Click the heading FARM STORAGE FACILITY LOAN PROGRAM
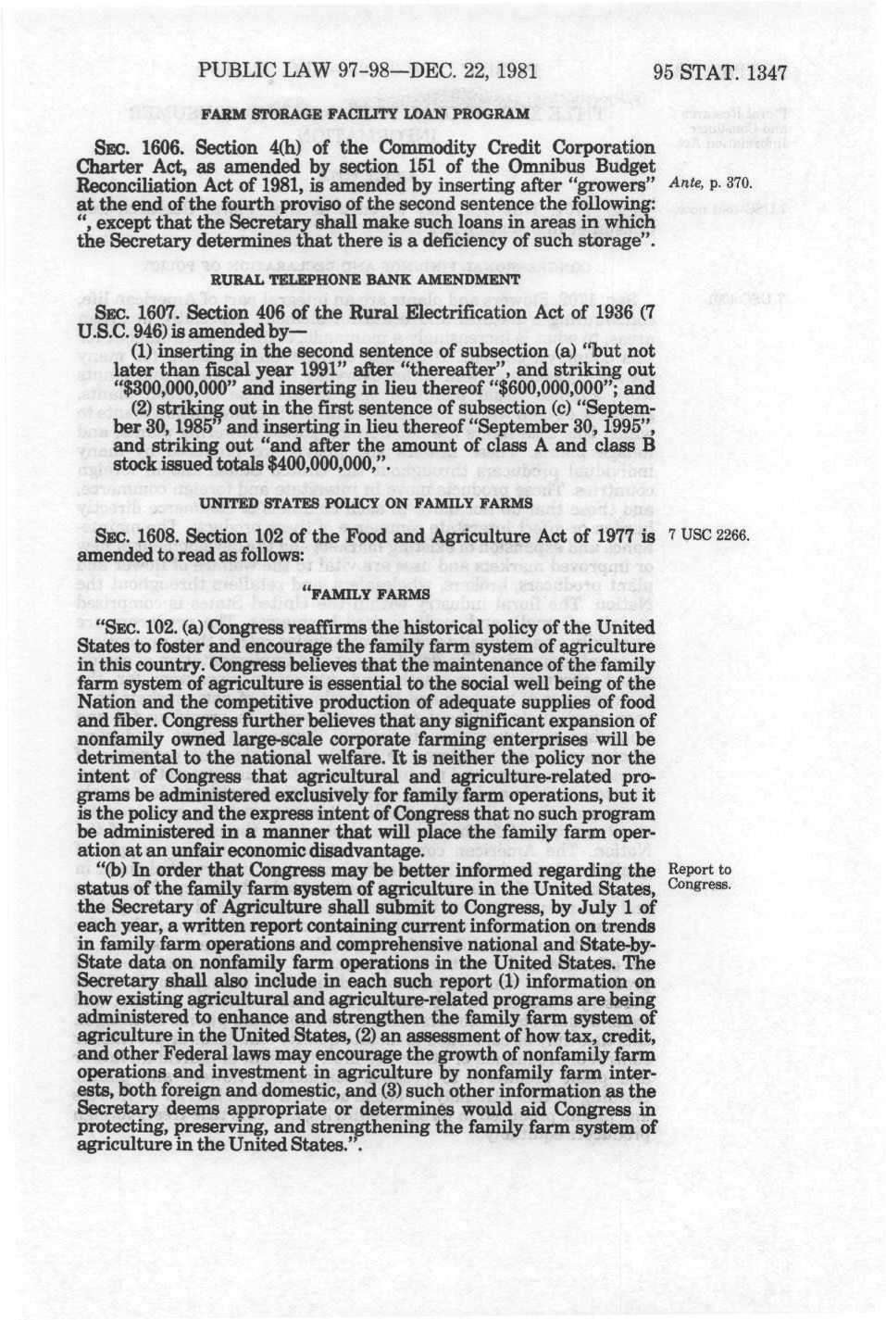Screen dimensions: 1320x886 coord(366,114)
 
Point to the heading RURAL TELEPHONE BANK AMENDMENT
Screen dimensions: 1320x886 coord(366,279)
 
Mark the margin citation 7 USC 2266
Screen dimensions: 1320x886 coord(707,536)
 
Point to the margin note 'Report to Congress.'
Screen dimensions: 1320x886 coord(699,876)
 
